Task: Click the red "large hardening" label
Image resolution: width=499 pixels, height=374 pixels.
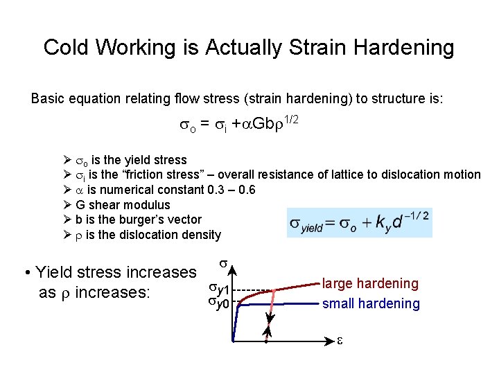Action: [370, 283]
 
